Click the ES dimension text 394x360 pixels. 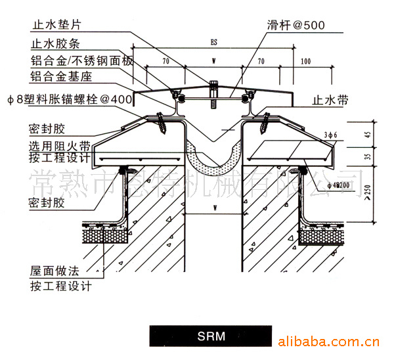214,42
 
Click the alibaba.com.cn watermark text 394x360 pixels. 326,342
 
